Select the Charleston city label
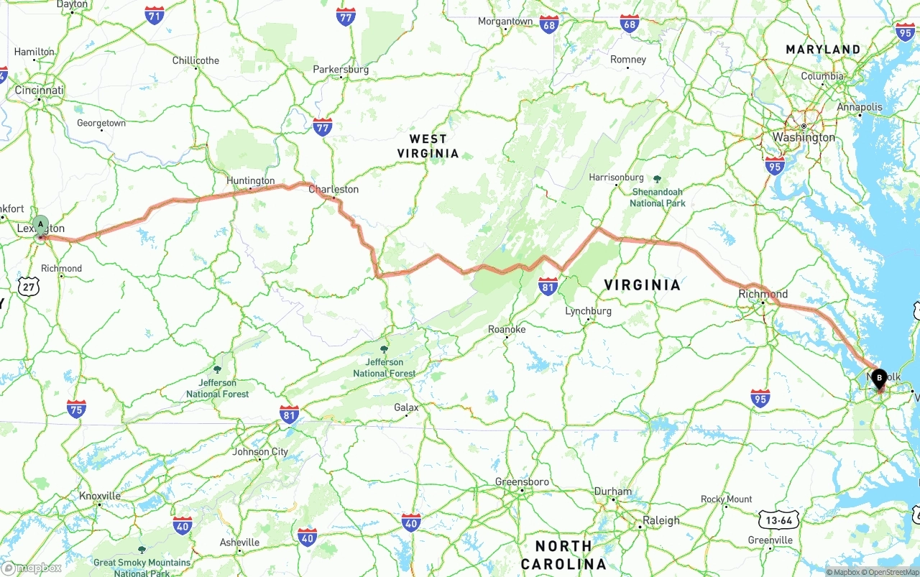pos(333,190)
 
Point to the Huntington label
pos(251,181)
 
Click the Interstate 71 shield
pos(154,16)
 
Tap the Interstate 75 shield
pos(75,409)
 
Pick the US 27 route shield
pos(30,287)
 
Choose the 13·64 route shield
pos(779,520)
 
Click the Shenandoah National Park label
pos(658,198)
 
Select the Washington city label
pos(804,137)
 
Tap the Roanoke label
pos(507,330)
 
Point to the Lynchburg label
pos(588,311)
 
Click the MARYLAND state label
pos(823,50)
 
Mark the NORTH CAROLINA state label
pos(565,555)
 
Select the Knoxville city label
pos(100,496)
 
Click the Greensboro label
pos(522,482)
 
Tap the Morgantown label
pos(506,22)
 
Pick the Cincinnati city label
pos(40,91)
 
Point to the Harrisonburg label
pos(616,177)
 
